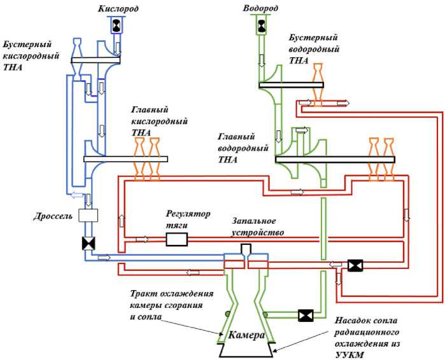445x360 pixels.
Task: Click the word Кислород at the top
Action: pos(118,9)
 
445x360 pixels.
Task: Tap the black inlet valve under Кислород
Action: pos(118,25)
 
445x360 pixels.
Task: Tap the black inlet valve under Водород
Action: pos(262,25)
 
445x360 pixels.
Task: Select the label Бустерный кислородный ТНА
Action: pos(31,56)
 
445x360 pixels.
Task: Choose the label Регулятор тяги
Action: pos(188,219)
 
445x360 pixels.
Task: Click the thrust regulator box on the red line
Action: pos(176,239)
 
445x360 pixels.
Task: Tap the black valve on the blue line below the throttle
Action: pos(87,243)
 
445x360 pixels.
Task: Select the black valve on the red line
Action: pos(355,265)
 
